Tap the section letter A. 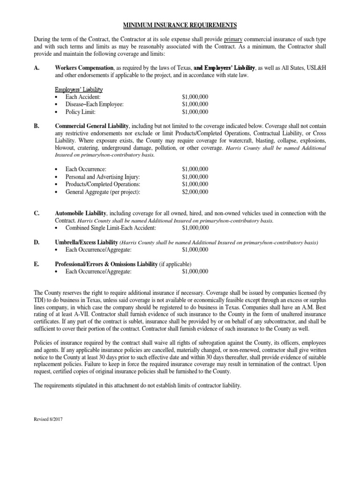tap(36, 68)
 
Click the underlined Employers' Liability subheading tap(78, 89)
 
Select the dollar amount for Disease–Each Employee tap(195, 104)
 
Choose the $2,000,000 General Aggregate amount tap(195, 191)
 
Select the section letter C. tap(36, 213)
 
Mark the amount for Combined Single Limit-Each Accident tap(195, 228)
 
